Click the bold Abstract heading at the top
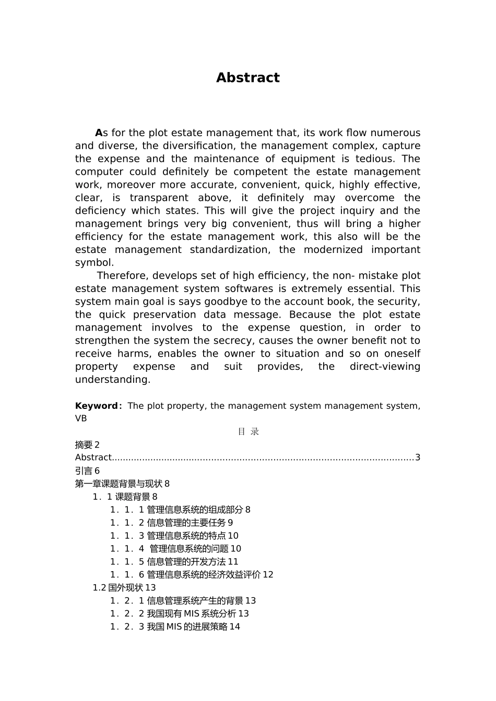[x=247, y=78]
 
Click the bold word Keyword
[x=97, y=406]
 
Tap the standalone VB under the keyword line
[x=81, y=418]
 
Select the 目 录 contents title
[x=248, y=431]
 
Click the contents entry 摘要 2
[x=87, y=445]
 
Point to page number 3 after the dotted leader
[x=417, y=457]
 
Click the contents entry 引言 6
[x=87, y=470]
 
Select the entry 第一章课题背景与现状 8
[x=122, y=484]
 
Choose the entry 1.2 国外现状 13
[x=124, y=588]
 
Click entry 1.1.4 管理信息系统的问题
[x=175, y=549]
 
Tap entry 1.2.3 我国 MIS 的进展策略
[x=175, y=626]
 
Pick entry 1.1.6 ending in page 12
[x=192, y=575]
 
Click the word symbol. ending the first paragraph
[x=94, y=262]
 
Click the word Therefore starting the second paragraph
[x=122, y=275]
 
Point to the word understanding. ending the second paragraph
[x=112, y=380]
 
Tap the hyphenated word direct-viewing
[x=385, y=367]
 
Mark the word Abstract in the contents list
[x=93, y=457]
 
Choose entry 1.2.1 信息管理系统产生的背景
[x=183, y=601]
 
